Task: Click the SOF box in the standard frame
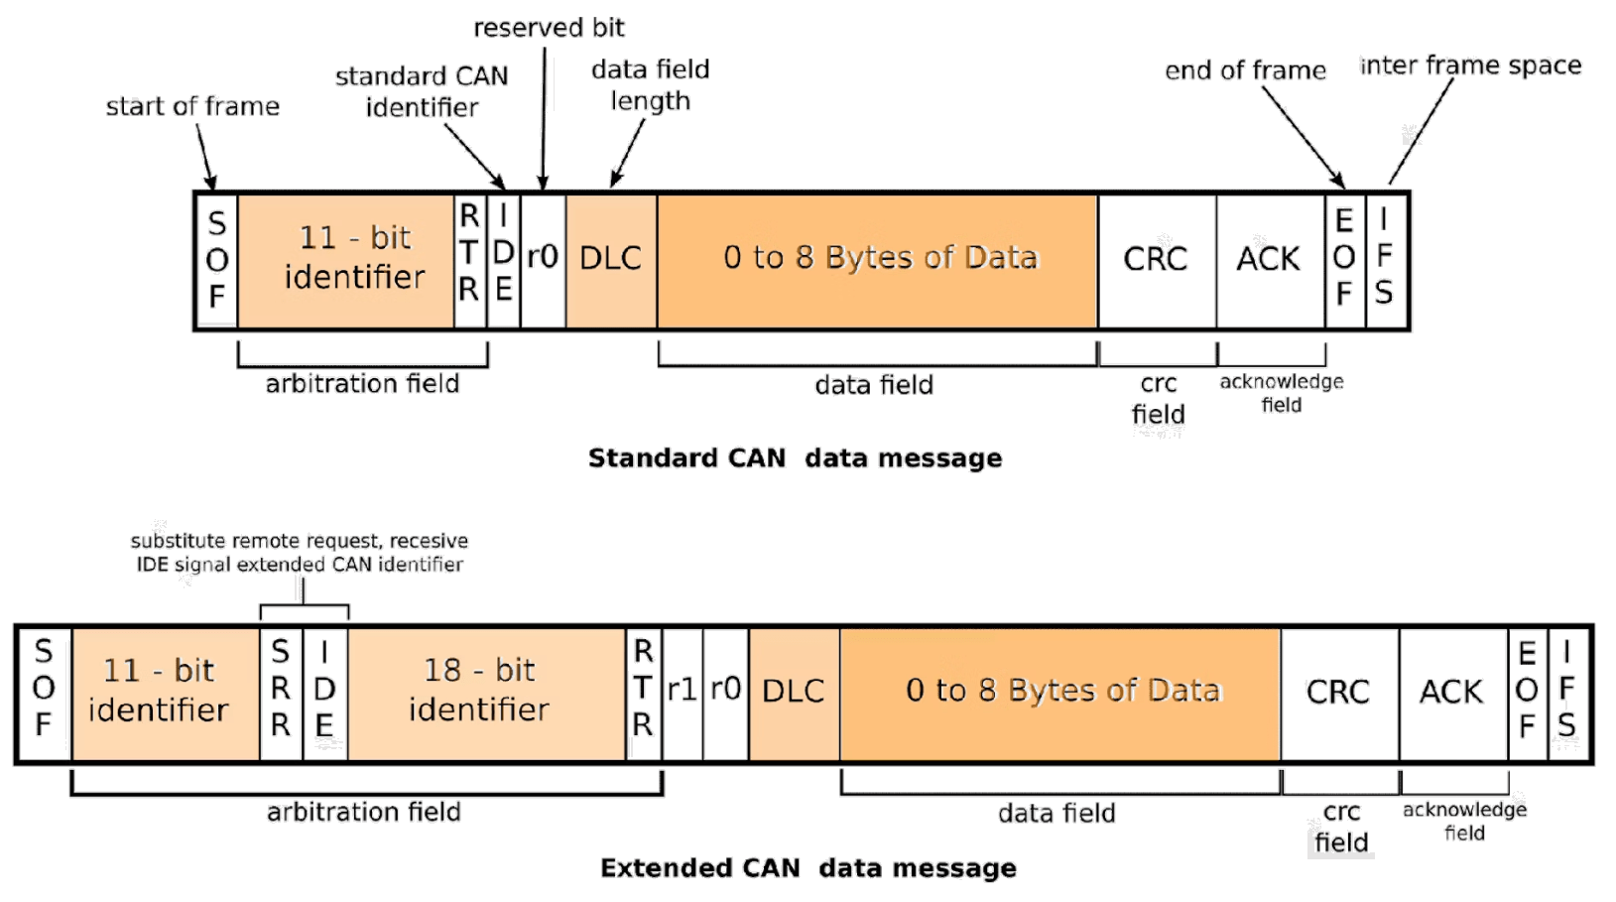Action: (217, 260)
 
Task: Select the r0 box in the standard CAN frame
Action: (543, 260)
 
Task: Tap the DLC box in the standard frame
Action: (611, 260)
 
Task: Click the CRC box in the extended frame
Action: (1339, 693)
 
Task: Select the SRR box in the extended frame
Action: (281, 692)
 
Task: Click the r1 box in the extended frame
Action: (683, 692)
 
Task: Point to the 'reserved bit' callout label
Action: (549, 28)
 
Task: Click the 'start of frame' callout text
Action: (192, 107)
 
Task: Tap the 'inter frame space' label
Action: (1470, 66)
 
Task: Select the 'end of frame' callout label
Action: (1245, 71)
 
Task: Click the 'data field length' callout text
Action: (650, 85)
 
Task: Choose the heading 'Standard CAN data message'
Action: (795, 458)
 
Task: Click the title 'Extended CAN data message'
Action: (808, 868)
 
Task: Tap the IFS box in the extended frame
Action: (1567, 693)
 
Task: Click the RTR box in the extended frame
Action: (643, 692)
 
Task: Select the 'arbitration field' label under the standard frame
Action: (362, 384)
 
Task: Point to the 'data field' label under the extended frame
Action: (1057, 814)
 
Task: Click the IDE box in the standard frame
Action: (503, 260)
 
